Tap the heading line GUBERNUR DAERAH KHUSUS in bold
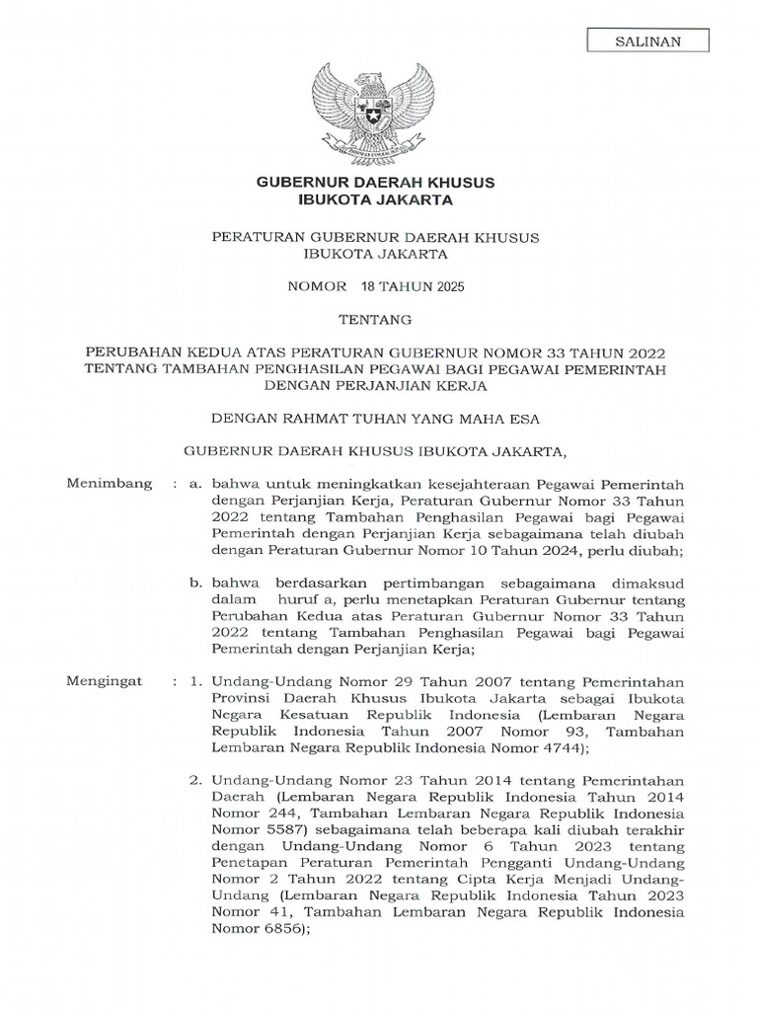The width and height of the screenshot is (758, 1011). click(x=375, y=183)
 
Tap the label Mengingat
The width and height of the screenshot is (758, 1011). click(x=104, y=681)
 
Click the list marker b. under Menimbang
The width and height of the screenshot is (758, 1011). click(x=197, y=583)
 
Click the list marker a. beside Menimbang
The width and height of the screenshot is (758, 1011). click(x=197, y=484)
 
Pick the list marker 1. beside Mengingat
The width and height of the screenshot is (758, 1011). click(x=196, y=682)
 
